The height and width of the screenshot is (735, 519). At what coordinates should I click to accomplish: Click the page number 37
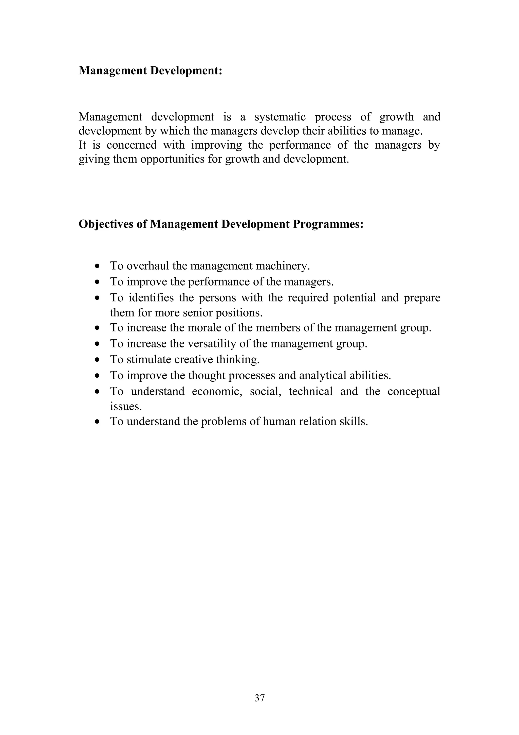coord(259,697)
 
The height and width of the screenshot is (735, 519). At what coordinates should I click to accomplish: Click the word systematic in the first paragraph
coord(280,117)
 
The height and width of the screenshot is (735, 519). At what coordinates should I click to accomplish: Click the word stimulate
coord(149,359)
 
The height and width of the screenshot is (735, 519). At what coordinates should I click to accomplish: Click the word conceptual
coord(414,391)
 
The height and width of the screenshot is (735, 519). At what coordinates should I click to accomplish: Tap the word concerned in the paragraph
coord(132,145)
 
